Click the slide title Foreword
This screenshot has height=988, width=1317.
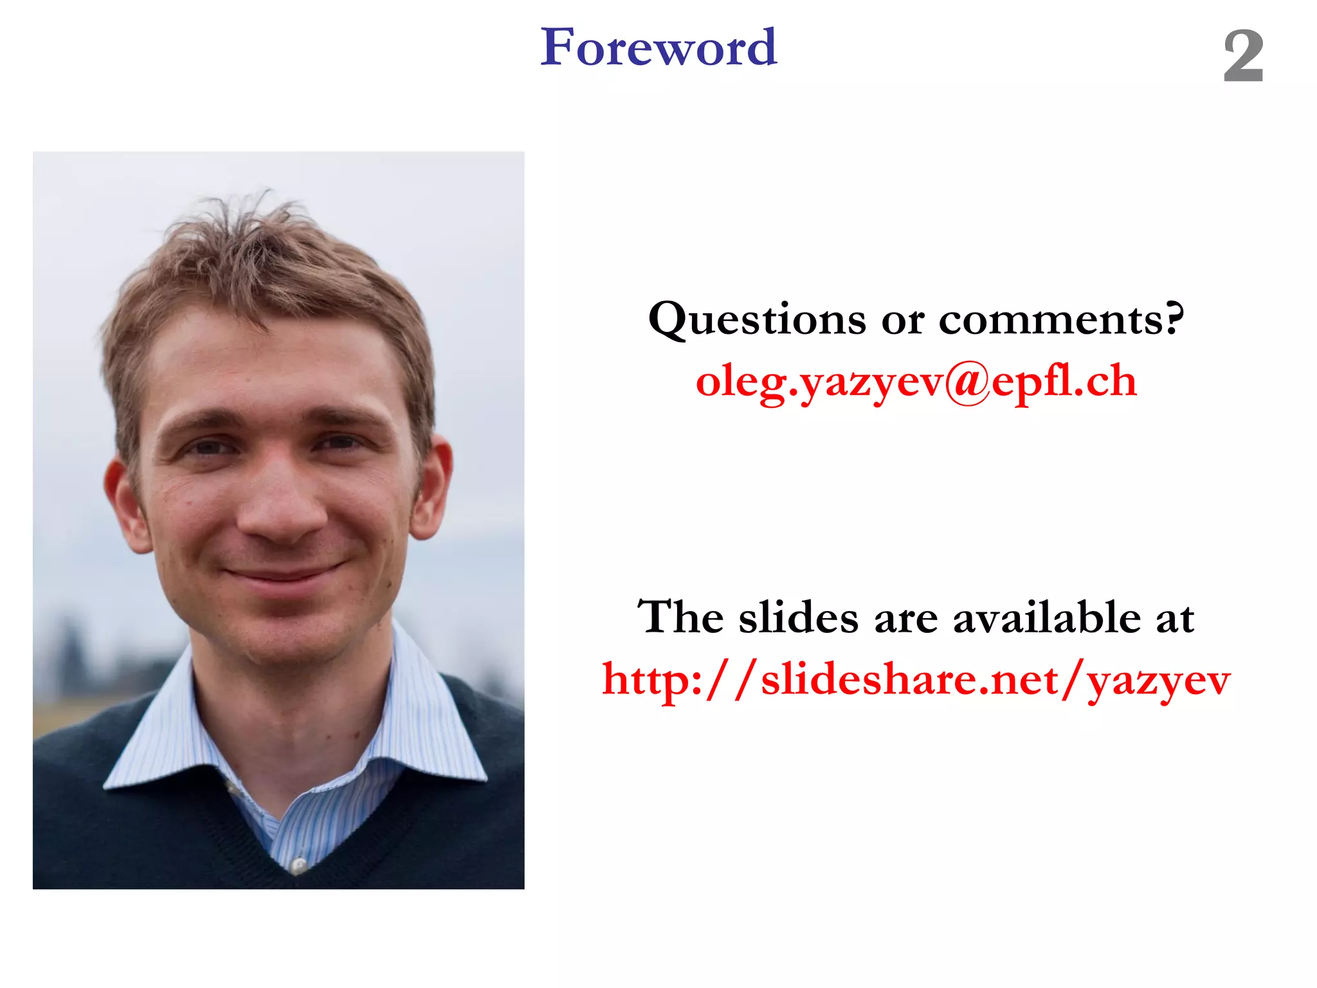click(x=658, y=48)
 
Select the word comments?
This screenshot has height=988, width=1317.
click(x=1061, y=320)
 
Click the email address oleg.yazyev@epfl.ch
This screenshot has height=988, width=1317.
click(x=916, y=381)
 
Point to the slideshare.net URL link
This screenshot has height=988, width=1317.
click(x=916, y=681)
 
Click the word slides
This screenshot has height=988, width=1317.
click(x=798, y=617)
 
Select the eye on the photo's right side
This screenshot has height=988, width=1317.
click(x=339, y=443)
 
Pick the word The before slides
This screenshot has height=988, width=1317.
click(x=680, y=617)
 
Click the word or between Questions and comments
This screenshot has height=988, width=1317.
click(x=902, y=320)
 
